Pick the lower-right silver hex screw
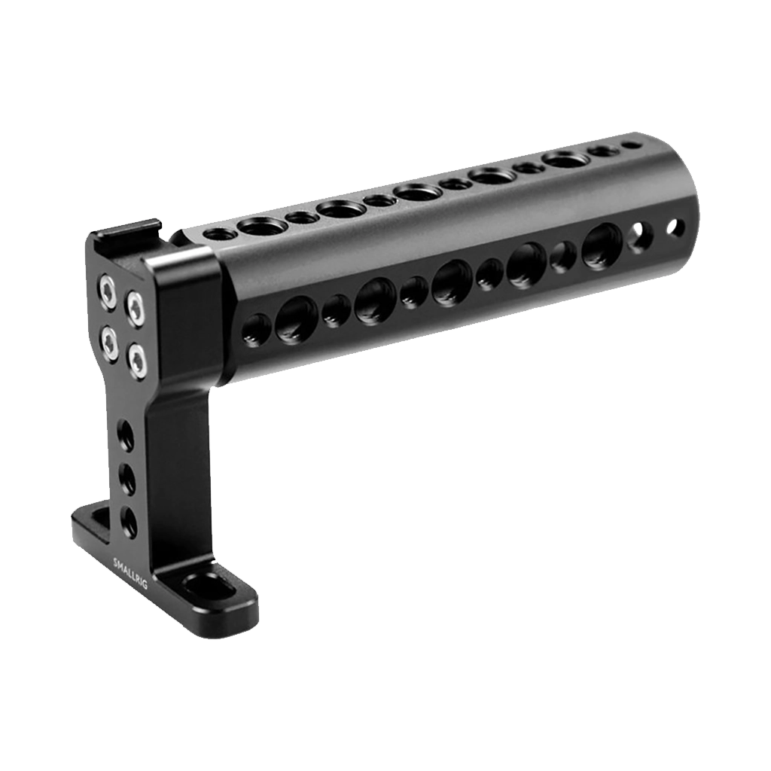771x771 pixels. (x=136, y=359)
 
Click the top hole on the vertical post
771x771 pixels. (x=126, y=436)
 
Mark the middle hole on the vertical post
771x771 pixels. (x=127, y=479)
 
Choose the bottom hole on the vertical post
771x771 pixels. (x=129, y=521)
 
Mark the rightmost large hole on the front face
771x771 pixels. (x=601, y=245)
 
